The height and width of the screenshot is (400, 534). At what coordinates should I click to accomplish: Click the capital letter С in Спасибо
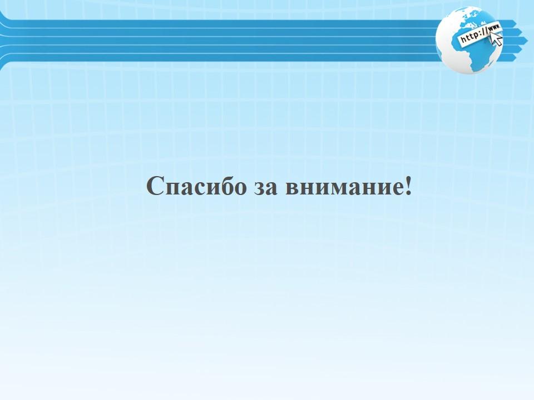pos(155,186)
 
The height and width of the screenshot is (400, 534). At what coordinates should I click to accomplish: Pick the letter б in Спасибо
pos(224,186)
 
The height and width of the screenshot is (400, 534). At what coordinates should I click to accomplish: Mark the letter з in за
pos(259,189)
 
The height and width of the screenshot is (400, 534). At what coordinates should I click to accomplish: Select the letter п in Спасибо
pos(174,189)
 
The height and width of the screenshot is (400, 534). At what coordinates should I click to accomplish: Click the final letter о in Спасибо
pos(239,189)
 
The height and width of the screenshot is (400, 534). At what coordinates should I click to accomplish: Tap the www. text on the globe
pos(495,28)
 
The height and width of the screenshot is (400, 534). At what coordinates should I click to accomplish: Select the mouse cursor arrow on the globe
pos(496,39)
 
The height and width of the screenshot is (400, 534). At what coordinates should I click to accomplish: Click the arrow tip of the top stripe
pos(517,24)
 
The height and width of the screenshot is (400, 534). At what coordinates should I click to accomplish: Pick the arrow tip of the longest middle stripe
pos(523,41)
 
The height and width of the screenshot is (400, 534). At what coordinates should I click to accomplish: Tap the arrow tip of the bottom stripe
pos(517,57)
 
